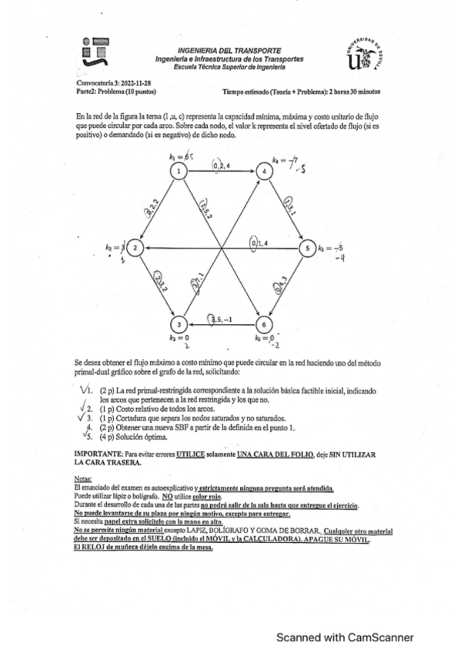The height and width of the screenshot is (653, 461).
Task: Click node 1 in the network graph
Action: [178, 171]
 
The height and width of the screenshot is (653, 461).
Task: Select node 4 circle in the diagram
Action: [263, 171]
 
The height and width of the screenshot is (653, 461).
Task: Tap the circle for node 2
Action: [135, 247]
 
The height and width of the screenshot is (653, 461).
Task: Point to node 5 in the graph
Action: [306, 247]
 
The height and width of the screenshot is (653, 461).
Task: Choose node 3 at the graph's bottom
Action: [178, 323]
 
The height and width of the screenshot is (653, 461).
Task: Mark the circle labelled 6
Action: [263, 323]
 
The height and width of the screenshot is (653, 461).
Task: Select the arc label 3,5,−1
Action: [222, 319]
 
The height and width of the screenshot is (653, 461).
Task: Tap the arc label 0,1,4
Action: [259, 243]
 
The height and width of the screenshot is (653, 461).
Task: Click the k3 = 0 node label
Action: [179, 338]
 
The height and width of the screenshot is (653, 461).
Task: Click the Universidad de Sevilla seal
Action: [366, 55]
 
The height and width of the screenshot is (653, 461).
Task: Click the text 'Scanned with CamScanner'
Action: [346, 637]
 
